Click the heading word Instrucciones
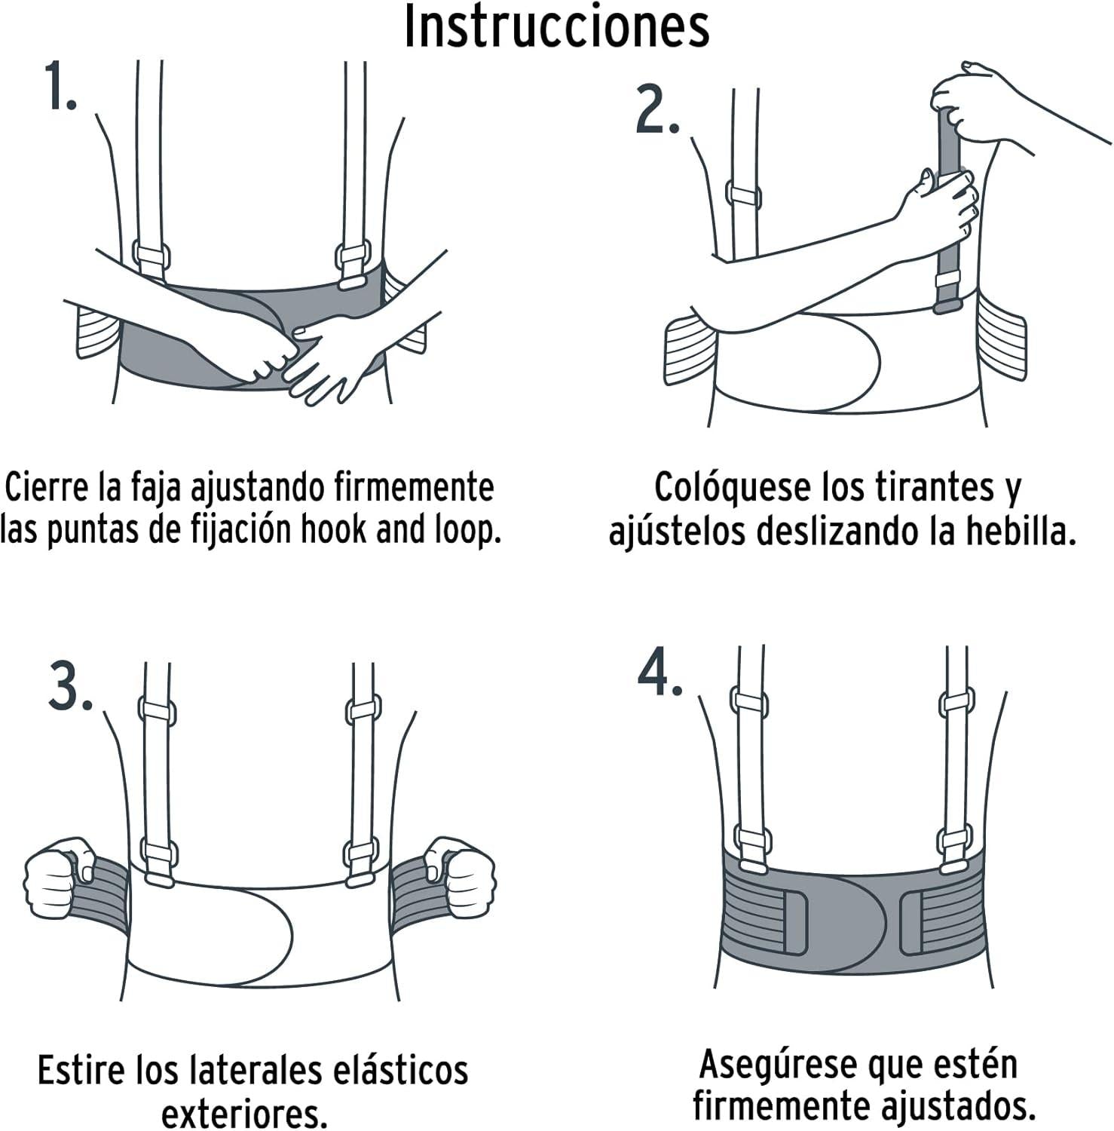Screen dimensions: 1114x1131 point(557,27)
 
